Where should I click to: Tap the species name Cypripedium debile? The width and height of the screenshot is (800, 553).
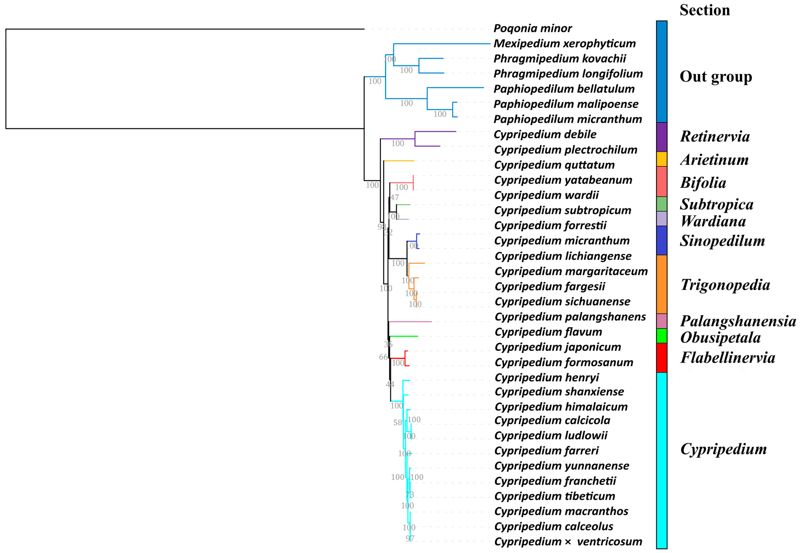click(545, 134)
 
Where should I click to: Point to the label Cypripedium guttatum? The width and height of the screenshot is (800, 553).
click(554, 165)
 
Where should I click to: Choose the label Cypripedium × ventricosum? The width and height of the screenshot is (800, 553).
click(568, 542)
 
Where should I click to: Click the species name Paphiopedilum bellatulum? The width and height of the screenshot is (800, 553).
click(564, 89)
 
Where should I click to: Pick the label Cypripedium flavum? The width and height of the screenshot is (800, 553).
click(548, 332)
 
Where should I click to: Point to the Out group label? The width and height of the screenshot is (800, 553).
click(716, 77)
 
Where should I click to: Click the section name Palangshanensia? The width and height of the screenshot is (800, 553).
click(738, 321)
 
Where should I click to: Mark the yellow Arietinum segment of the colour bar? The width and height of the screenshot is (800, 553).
click(662, 159)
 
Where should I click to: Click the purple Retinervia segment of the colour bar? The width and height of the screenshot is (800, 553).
click(662, 137)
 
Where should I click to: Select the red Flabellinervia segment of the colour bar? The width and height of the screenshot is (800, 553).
click(662, 358)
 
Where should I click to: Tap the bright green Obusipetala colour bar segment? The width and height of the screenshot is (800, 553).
click(662, 336)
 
